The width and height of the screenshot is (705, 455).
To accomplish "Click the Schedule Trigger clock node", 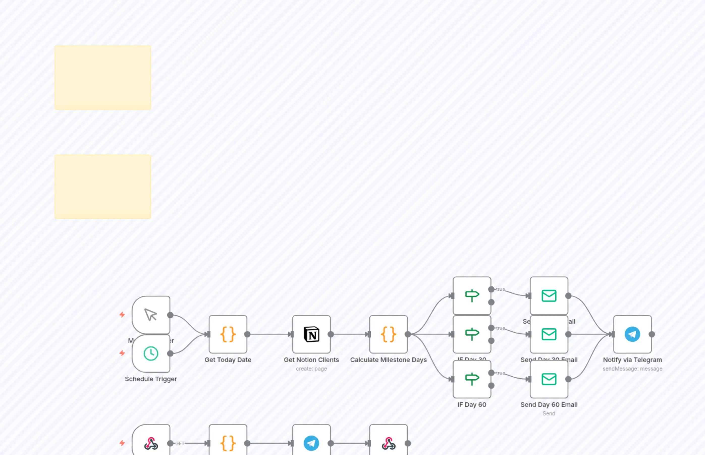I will click(x=151, y=353).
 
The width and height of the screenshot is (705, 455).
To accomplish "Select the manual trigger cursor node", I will click(x=151, y=315).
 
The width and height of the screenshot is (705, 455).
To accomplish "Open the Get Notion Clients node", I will click(x=311, y=334).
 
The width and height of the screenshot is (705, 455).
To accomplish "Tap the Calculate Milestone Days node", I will click(x=388, y=334).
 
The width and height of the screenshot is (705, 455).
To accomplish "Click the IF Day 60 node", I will click(x=472, y=379).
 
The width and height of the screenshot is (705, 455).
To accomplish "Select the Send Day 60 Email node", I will click(x=549, y=379).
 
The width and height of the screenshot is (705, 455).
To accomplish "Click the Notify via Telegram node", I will click(x=632, y=334).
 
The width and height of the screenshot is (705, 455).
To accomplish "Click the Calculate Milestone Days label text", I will click(x=388, y=360).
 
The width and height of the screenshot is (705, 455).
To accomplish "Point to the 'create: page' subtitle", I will click(x=311, y=369).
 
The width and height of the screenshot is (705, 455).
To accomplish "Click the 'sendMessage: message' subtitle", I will click(x=632, y=369).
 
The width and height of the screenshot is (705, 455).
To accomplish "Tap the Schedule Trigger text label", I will click(x=151, y=379).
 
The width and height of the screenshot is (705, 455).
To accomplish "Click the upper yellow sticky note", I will click(x=103, y=77).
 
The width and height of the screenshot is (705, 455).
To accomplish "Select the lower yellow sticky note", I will click(x=103, y=187).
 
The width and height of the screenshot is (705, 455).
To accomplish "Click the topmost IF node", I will click(x=472, y=295).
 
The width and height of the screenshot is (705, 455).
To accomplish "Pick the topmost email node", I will click(x=549, y=295).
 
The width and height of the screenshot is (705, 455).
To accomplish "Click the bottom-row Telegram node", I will click(x=311, y=443).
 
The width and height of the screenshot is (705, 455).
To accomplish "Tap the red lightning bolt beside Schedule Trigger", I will click(x=122, y=353).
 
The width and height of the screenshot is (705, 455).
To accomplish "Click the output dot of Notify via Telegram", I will click(x=652, y=334).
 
